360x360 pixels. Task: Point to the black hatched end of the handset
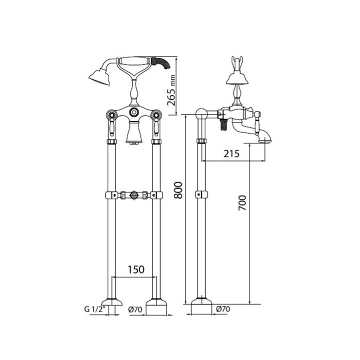coord(163,64)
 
